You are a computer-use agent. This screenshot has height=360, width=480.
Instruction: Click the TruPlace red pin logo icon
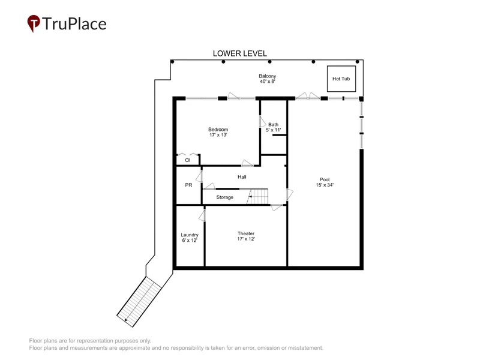pyautogui.click(x=34, y=23)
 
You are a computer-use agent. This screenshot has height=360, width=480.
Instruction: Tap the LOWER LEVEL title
pyautogui.click(x=239, y=53)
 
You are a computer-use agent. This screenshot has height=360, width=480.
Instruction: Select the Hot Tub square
pyautogui.click(x=341, y=79)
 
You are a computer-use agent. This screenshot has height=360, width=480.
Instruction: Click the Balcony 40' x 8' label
pyautogui.click(x=268, y=79)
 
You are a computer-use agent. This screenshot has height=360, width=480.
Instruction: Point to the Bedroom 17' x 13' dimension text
pyautogui.click(x=218, y=134)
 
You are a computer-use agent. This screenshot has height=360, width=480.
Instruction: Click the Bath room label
pyautogui.click(x=274, y=125)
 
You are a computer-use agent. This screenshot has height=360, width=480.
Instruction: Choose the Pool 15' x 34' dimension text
pyautogui.click(x=325, y=185)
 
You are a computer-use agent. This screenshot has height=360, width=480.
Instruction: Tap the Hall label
pyautogui.click(x=242, y=177)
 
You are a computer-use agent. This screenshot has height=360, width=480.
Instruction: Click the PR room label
pyautogui.click(x=188, y=185)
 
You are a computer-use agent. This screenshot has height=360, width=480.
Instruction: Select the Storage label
pyautogui.click(x=224, y=197)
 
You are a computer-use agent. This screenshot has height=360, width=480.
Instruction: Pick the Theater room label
pyautogui.click(x=246, y=233)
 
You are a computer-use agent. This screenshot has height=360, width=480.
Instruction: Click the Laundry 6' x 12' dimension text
pyautogui.click(x=190, y=241)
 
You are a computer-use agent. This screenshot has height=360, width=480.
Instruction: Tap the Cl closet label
pyautogui.click(x=187, y=160)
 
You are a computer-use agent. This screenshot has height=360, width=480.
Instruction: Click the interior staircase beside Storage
pyautogui.click(x=258, y=197)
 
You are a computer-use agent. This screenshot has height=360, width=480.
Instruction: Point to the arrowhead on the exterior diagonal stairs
pyautogui.click(x=126, y=320)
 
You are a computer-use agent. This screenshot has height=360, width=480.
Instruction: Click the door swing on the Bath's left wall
pyautogui.click(x=263, y=122)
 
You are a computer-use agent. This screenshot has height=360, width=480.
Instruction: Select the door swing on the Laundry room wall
pyautogui.click(x=202, y=215)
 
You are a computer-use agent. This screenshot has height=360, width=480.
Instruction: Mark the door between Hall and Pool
pyautogui.click(x=290, y=194)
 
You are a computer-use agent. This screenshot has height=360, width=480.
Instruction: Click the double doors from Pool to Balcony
pyautogui.click(x=308, y=95)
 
